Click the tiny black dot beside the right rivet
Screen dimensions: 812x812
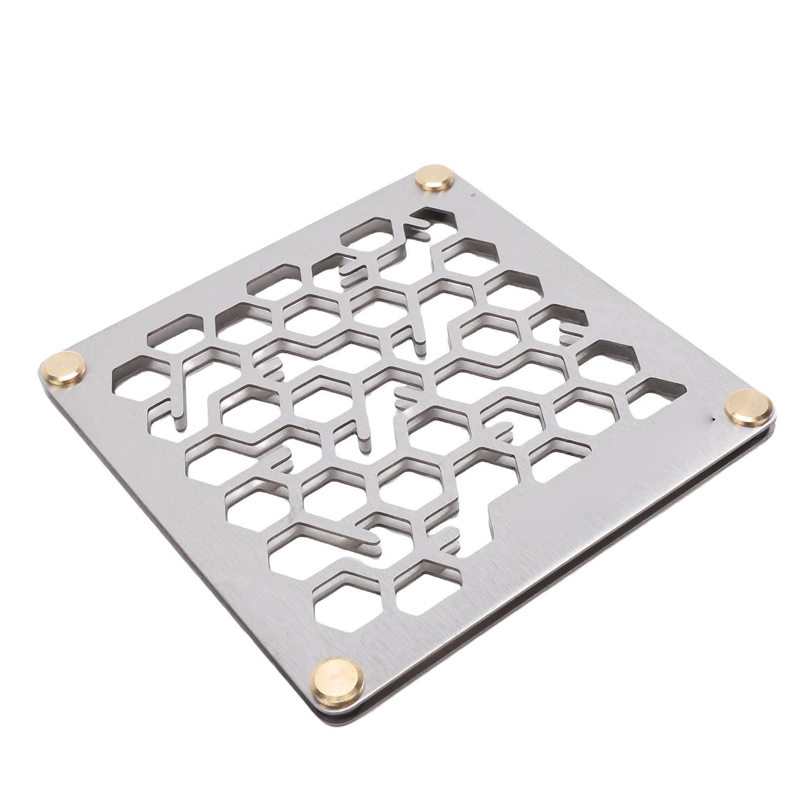click(x=714, y=419)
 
